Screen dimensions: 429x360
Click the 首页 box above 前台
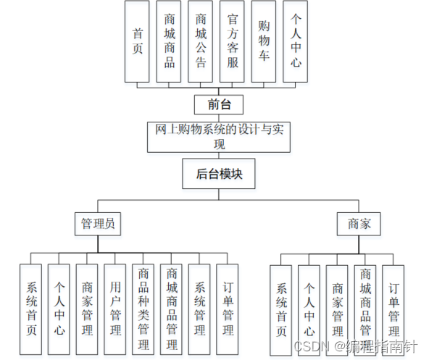(x=137, y=41)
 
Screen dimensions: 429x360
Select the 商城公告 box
(x=200, y=41)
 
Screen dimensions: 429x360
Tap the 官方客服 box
(x=232, y=41)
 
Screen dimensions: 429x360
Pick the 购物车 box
(x=264, y=41)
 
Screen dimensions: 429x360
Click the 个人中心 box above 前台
(x=295, y=41)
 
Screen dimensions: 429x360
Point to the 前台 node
(x=219, y=105)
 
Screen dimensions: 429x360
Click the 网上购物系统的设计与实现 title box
(x=219, y=137)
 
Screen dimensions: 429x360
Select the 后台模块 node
(x=219, y=174)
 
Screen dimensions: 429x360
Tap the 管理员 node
(x=98, y=224)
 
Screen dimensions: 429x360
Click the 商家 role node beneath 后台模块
(x=359, y=224)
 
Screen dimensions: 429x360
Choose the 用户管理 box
(x=115, y=309)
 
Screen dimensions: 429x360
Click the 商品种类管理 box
(x=143, y=309)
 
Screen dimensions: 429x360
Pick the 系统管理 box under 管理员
(x=199, y=309)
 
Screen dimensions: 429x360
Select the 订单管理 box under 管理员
(x=228, y=309)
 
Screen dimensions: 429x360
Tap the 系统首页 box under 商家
(x=280, y=311)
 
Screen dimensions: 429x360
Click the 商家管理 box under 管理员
(x=87, y=309)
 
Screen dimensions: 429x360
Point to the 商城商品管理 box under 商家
(x=365, y=311)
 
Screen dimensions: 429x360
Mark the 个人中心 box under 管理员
(x=59, y=309)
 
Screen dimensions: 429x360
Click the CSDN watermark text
(x=312, y=346)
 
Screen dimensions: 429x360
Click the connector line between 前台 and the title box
(x=219, y=118)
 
